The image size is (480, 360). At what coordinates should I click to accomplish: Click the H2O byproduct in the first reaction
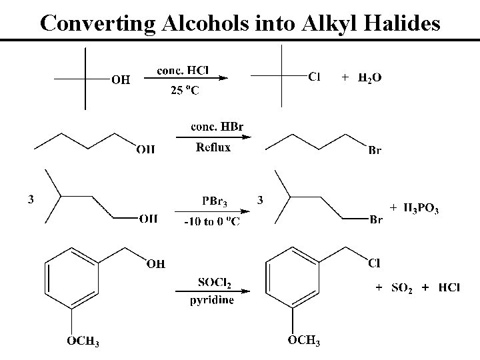click(370, 78)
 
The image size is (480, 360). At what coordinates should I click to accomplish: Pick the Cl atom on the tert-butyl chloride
click(314, 77)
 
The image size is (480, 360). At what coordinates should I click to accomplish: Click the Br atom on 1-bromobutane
click(375, 151)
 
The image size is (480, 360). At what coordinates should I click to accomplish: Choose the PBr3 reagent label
click(214, 201)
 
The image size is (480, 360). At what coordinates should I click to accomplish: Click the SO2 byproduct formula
click(401, 287)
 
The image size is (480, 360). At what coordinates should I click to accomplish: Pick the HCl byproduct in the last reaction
click(449, 287)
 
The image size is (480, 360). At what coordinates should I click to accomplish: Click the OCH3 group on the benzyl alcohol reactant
click(83, 342)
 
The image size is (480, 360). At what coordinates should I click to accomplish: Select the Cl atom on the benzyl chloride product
click(375, 264)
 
